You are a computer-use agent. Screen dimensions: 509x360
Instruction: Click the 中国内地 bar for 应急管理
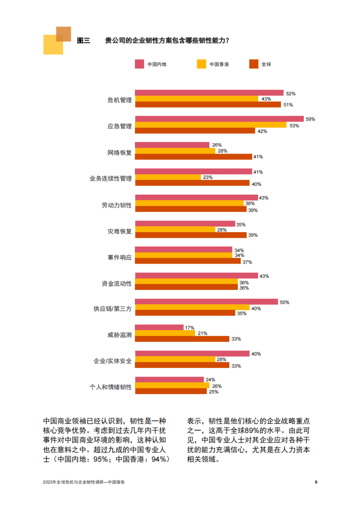[220, 119]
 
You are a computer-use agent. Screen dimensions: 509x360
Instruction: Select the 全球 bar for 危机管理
[208, 105]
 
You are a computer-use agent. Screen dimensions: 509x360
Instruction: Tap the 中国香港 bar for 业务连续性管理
[168, 177]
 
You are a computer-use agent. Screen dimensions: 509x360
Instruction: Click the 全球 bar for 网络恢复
[194, 157]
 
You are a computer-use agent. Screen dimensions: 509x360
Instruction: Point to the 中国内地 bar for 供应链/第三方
[206, 302]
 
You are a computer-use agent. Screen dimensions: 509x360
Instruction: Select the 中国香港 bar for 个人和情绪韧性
[172, 385]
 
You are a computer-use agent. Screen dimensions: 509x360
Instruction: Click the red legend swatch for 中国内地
[140, 64]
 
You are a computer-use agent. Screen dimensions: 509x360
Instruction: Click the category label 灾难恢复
[120, 231]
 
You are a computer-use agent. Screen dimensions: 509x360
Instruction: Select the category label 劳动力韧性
[117, 205]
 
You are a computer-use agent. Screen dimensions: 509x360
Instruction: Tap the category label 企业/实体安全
[113, 360]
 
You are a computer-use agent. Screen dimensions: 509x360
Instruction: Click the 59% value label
[310, 119]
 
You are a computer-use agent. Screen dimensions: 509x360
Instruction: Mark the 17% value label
[190, 328]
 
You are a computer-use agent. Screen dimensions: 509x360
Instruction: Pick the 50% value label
[284, 302]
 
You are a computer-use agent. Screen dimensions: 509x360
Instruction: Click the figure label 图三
[83, 41]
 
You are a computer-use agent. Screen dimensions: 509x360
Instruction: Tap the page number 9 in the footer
[316, 482]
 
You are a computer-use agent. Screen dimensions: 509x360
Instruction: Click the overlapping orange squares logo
[57, 40]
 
